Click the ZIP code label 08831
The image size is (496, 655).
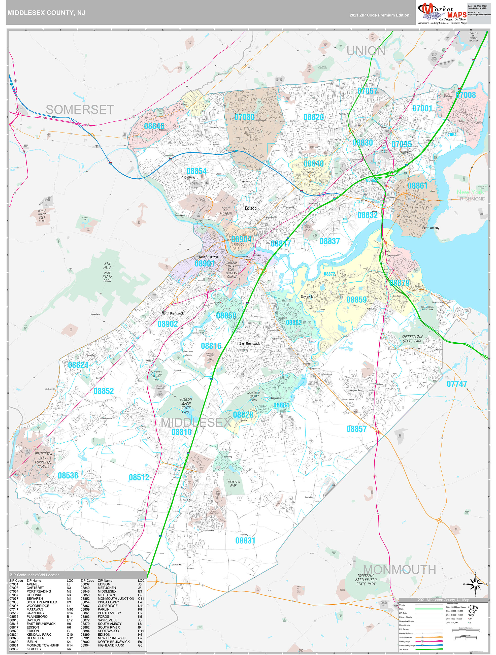pos(245,540)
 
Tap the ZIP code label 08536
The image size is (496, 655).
pos(68,476)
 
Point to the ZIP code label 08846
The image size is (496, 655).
pos(154,126)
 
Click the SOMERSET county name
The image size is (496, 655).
pos(80,110)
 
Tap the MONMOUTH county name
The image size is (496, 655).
pos(399,569)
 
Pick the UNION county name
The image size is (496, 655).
pos(366,51)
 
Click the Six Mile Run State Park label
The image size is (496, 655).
pos(107,272)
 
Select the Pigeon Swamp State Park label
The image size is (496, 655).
pos(186,406)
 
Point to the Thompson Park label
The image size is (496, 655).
pos(234,483)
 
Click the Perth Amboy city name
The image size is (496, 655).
pos(431,228)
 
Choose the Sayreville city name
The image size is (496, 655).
pos(307,297)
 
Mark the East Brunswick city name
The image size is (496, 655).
pos(250,343)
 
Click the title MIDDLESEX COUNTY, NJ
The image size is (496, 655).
pos(47,13)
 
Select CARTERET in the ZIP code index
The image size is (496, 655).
pos(35,588)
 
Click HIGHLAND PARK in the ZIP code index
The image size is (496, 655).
pos(111,645)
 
